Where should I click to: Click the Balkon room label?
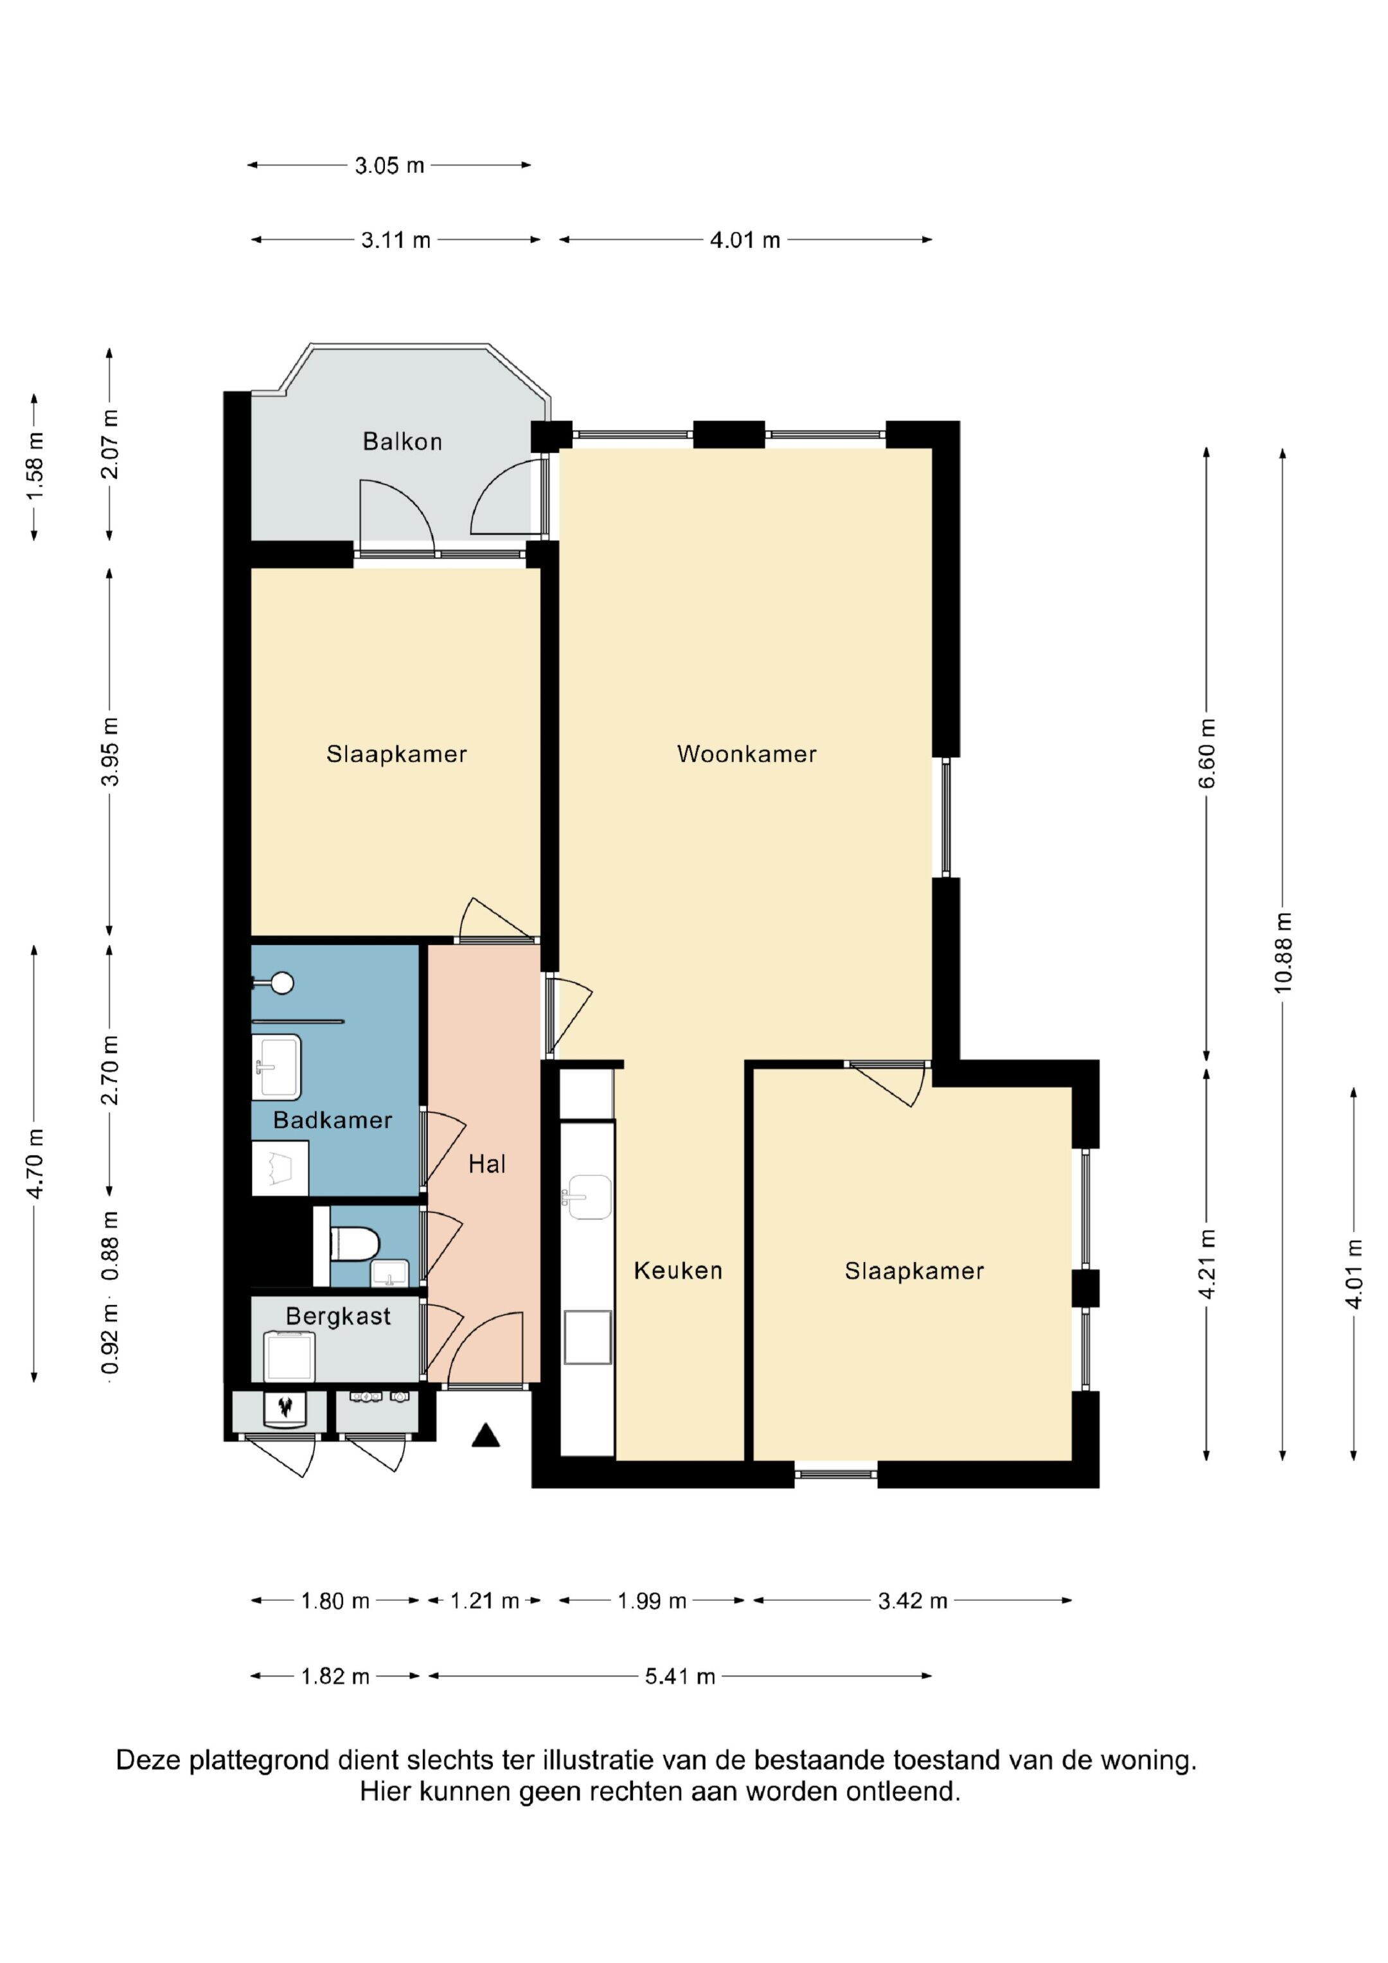[x=402, y=441]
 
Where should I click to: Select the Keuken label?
[x=678, y=1270]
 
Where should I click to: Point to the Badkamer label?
[x=333, y=1120]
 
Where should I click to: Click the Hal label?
[x=488, y=1164]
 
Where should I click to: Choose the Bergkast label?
[x=339, y=1316]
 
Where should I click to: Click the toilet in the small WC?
[x=354, y=1244]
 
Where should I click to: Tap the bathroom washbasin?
[x=277, y=1067]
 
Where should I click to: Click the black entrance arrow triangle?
[x=486, y=1435]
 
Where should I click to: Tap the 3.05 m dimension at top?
[x=389, y=165]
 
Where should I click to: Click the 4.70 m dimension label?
[x=35, y=1163]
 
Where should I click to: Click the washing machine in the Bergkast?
[x=289, y=1357]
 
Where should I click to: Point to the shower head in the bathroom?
[x=281, y=983]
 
